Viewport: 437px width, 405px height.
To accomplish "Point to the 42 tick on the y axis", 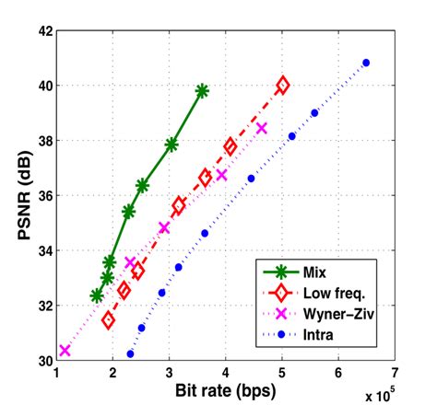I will point(43,30).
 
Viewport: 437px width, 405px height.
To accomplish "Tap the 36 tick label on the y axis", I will point(43,195).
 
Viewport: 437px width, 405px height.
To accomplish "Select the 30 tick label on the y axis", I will point(43,360).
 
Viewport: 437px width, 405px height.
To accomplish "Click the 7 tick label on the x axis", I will point(395,374).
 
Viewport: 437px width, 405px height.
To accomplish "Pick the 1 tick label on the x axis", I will point(57,374).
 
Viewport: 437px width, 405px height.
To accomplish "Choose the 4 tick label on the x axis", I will point(226,374).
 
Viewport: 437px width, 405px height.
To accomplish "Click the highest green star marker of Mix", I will point(202,90).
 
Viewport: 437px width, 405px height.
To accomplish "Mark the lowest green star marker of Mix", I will point(97,295).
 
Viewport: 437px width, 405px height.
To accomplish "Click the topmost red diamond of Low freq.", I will point(282,85).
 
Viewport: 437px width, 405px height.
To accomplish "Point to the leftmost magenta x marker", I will point(65,350).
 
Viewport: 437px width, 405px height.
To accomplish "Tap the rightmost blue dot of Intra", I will point(366,63).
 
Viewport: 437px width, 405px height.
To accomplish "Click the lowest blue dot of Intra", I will point(130,353).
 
